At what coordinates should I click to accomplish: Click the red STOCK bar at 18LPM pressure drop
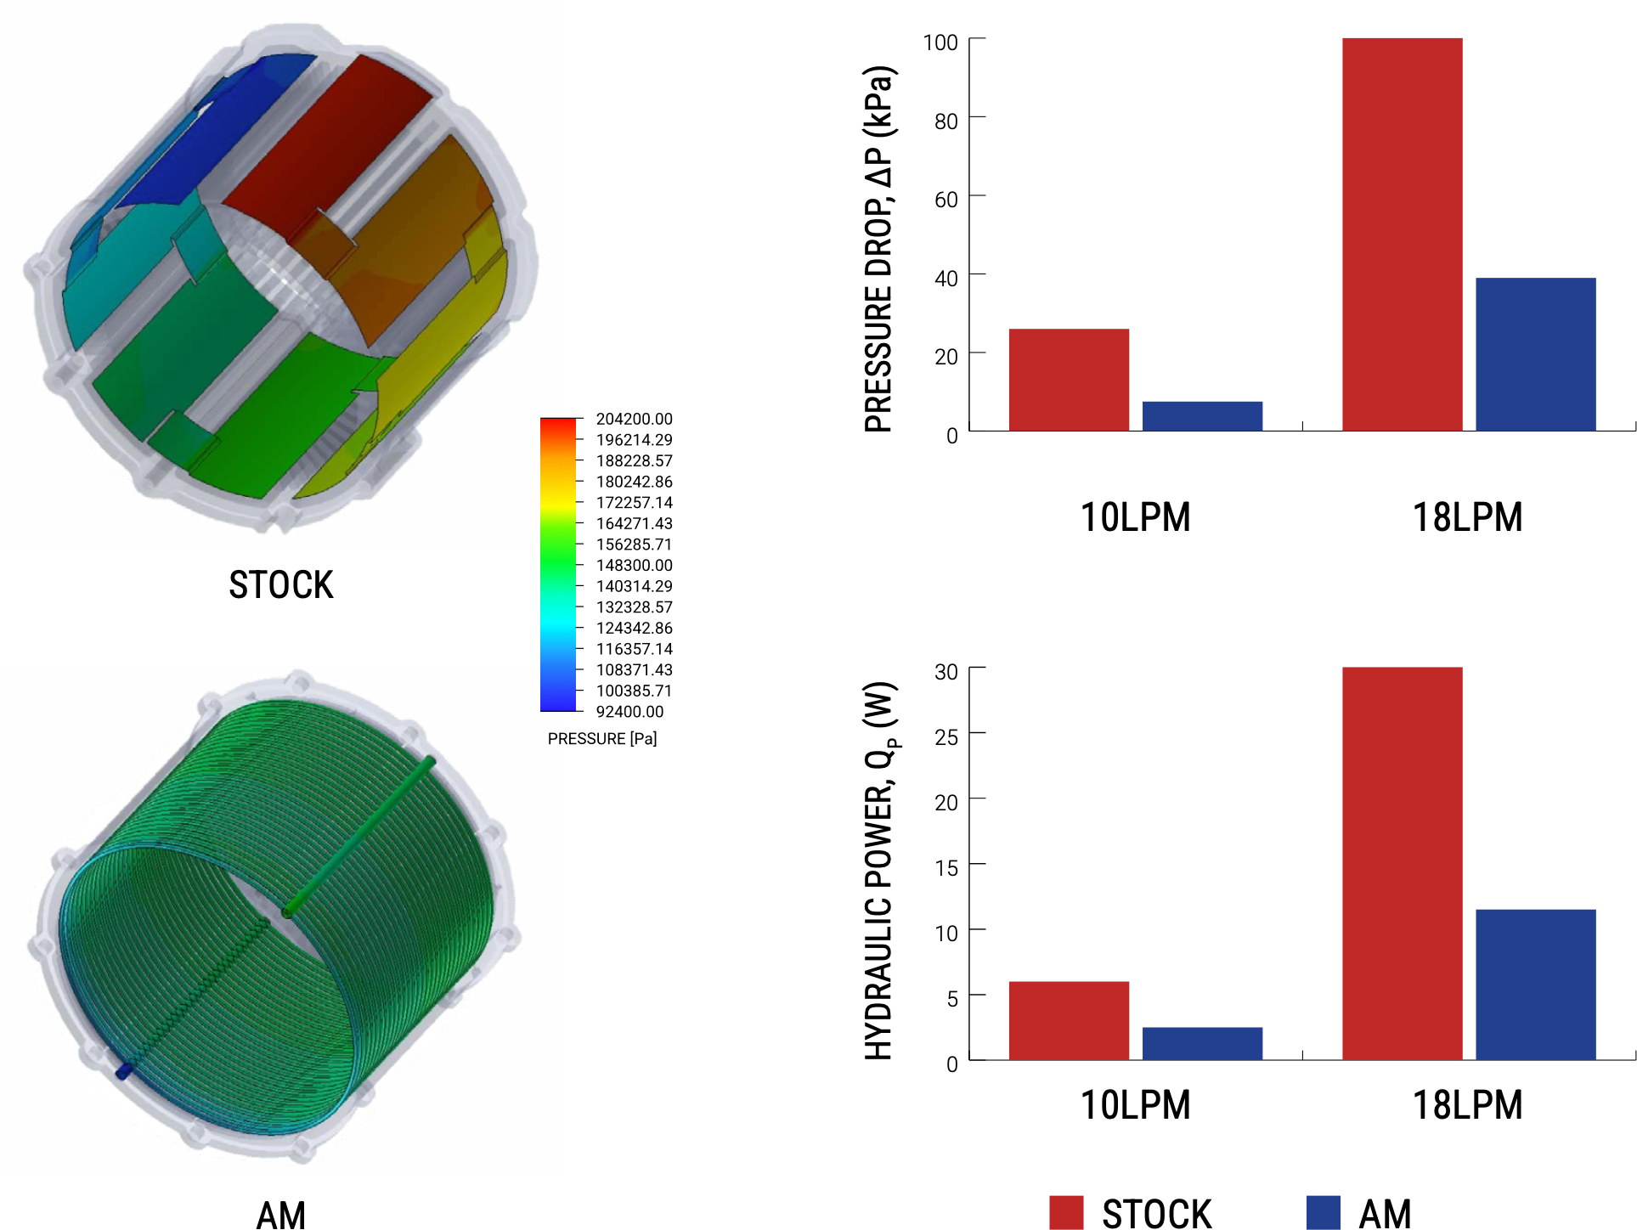(1402, 234)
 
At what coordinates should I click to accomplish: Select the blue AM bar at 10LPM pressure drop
(1202, 416)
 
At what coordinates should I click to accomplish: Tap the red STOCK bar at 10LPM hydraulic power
(1069, 1021)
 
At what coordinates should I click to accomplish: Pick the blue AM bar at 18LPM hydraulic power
(1535, 985)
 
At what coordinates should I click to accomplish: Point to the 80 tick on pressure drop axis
(946, 121)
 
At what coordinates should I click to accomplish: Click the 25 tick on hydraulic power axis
(946, 737)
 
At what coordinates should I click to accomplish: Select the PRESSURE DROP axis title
(879, 249)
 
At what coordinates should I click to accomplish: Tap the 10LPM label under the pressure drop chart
(1135, 517)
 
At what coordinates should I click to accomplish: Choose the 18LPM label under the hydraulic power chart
(1467, 1105)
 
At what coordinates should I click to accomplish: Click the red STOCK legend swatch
(1066, 1213)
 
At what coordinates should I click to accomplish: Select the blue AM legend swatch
(1323, 1213)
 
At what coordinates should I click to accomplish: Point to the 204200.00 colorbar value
(634, 419)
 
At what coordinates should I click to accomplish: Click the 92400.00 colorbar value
(629, 712)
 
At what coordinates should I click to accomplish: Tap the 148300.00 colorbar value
(634, 566)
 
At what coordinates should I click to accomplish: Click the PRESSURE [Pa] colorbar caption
(602, 739)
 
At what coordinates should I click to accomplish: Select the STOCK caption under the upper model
(281, 585)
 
